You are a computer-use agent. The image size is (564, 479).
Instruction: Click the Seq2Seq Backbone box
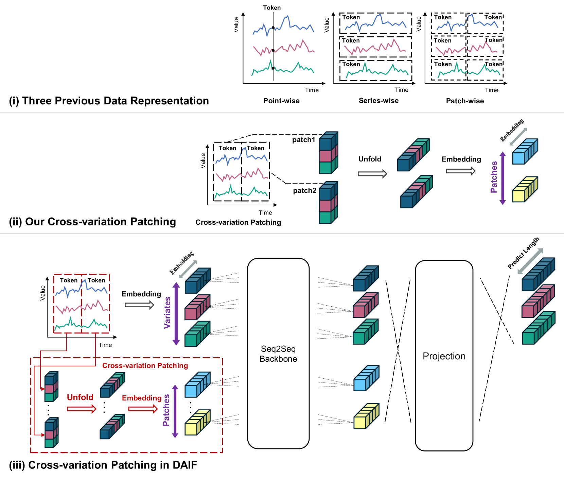(x=278, y=354)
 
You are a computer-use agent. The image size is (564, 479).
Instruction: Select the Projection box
(x=444, y=356)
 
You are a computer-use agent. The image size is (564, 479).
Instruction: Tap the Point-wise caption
(x=281, y=101)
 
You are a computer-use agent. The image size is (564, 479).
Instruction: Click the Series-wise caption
(x=378, y=101)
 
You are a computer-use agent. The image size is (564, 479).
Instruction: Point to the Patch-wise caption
(x=465, y=101)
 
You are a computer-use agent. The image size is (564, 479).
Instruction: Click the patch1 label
(x=303, y=140)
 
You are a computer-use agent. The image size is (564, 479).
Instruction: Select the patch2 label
(x=304, y=191)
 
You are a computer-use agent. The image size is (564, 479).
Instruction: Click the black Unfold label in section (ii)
(x=370, y=159)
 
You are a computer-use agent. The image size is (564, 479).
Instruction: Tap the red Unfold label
(x=80, y=397)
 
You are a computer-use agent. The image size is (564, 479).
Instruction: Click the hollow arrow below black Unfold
(x=372, y=174)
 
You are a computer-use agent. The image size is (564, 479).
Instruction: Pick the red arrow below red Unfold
(x=82, y=409)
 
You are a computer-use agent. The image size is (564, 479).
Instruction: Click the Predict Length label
(x=523, y=253)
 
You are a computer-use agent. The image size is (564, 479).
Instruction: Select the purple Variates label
(x=167, y=312)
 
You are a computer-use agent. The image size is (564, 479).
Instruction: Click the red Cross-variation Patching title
(x=145, y=365)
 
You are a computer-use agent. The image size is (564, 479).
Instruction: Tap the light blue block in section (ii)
(x=525, y=152)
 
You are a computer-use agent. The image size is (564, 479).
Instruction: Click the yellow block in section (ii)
(x=525, y=190)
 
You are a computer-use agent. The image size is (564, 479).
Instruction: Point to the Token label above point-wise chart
(x=272, y=7)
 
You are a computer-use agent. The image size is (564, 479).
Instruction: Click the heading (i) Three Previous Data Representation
(x=109, y=101)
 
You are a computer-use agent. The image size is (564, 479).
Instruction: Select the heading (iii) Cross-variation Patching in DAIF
(x=103, y=465)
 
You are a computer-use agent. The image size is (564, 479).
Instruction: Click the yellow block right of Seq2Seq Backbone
(x=366, y=416)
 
